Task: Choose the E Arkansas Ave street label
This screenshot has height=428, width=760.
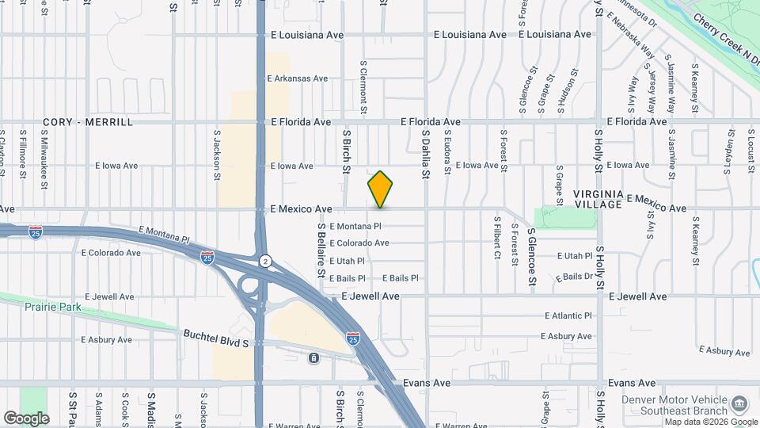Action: (298, 78)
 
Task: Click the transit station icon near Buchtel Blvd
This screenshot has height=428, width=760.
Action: (314, 358)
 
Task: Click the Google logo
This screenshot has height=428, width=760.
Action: (26, 418)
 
